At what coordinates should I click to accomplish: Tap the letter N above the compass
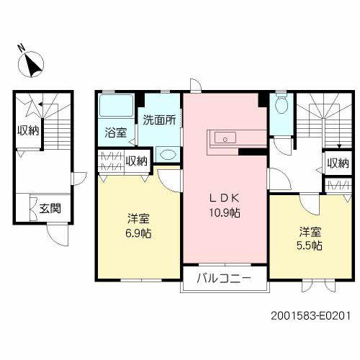(22, 50)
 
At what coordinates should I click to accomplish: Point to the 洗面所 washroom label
(158, 120)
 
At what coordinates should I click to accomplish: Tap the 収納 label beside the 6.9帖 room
(135, 161)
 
